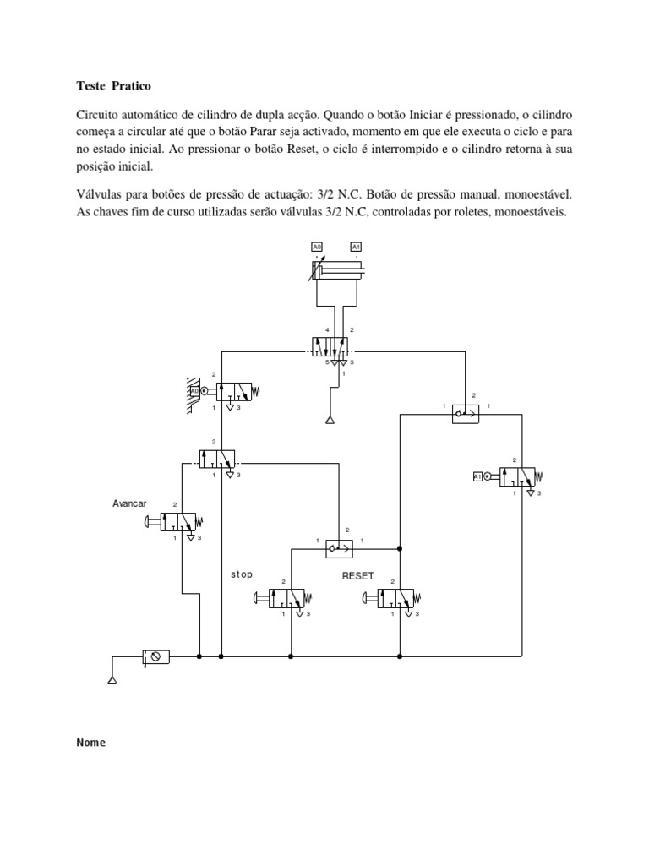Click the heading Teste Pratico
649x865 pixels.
click(x=112, y=86)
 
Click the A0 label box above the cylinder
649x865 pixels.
click(x=318, y=247)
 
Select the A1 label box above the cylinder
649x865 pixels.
click(x=357, y=247)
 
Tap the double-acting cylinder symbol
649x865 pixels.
click(x=337, y=270)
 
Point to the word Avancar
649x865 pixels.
click(x=129, y=503)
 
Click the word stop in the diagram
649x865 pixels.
click(x=242, y=574)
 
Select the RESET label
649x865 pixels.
click(x=357, y=575)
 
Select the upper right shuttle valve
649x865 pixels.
click(x=466, y=413)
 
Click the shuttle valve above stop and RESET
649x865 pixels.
click(x=340, y=548)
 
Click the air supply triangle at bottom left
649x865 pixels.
click(x=112, y=678)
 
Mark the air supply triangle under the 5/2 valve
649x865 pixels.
click(x=331, y=419)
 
